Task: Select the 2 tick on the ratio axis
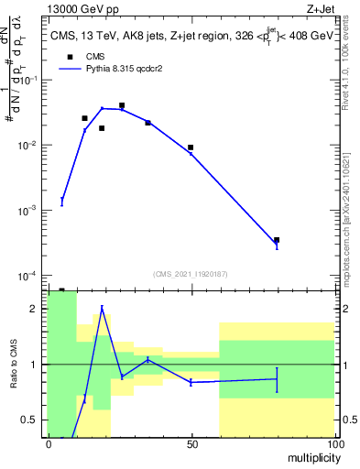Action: pyautogui.click(x=34, y=309)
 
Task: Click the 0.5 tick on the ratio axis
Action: pyautogui.click(x=30, y=420)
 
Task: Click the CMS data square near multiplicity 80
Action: pyautogui.click(x=277, y=240)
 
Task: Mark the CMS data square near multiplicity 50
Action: pyautogui.click(x=191, y=147)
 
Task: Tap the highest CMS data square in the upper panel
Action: pyautogui.click(x=122, y=105)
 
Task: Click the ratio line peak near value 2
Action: pyautogui.click(x=103, y=308)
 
